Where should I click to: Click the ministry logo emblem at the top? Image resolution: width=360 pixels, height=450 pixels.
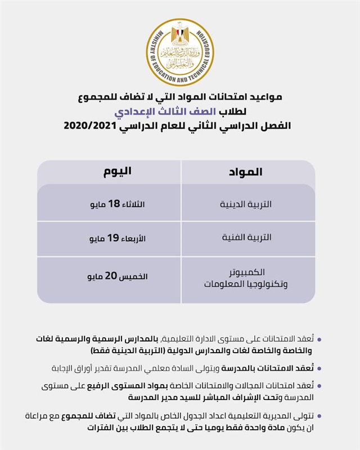[180, 52]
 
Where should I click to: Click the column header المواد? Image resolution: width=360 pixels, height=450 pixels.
[246, 172]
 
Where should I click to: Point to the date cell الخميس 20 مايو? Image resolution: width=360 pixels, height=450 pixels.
[117, 277]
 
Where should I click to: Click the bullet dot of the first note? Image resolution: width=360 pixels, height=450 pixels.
[319, 340]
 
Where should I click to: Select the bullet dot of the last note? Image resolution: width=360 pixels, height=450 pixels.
[319, 416]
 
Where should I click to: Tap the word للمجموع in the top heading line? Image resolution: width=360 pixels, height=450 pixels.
[93, 97]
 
